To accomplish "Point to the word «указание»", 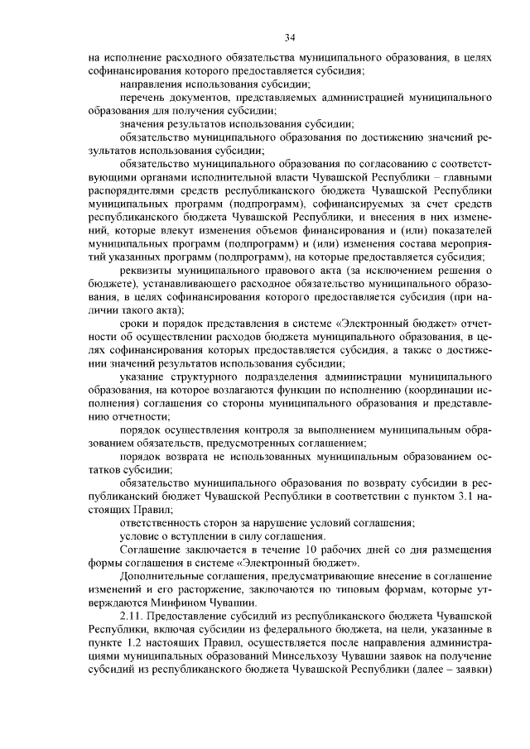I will coord(142,377).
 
